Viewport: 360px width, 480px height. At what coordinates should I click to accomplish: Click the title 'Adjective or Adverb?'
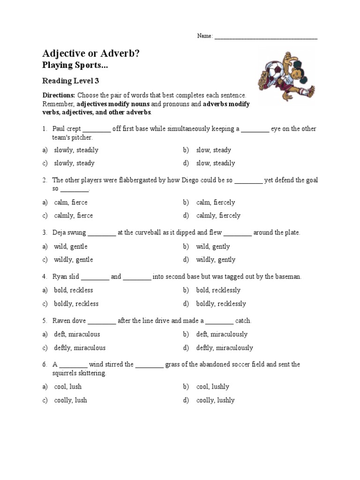[x=91, y=54]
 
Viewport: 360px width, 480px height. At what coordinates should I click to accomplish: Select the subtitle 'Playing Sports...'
[x=79, y=66]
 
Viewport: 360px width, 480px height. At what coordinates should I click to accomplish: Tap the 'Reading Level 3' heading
[x=71, y=81]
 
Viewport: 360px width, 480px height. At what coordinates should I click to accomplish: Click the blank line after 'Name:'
[x=266, y=37]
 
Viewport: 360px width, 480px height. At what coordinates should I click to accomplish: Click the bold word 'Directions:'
[x=59, y=95]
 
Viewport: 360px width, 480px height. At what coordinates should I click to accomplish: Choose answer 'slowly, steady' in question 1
[x=74, y=163]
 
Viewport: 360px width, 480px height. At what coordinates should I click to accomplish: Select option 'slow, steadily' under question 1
[x=216, y=163]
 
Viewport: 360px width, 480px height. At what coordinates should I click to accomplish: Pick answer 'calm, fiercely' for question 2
[x=216, y=202]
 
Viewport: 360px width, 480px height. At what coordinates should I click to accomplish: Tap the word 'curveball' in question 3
[x=147, y=232]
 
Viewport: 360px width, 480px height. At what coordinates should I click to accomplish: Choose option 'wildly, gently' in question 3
[x=216, y=260]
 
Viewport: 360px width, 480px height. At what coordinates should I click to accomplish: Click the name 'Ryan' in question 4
[x=60, y=277]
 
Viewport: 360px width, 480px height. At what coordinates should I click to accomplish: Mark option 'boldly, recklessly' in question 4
[x=221, y=304]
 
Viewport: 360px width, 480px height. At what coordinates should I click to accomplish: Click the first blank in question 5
[x=102, y=321]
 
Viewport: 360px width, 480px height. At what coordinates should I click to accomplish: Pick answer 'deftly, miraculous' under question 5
[x=80, y=348]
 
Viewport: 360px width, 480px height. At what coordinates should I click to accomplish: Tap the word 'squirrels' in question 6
[x=65, y=373]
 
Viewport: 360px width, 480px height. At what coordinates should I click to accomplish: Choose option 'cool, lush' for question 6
[x=67, y=387]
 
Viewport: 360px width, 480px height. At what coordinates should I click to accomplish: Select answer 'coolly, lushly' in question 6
[x=215, y=400]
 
